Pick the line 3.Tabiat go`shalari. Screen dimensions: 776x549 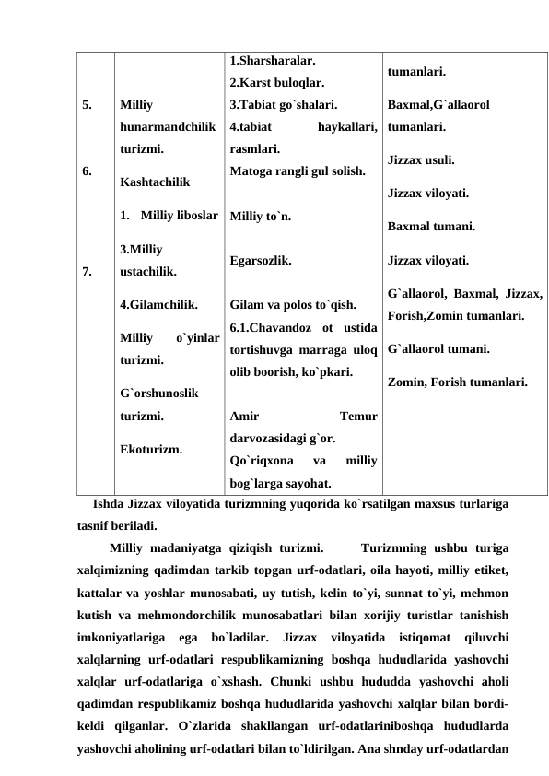283,104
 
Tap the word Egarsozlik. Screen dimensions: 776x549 262,261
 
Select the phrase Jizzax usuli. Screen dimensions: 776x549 421,159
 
